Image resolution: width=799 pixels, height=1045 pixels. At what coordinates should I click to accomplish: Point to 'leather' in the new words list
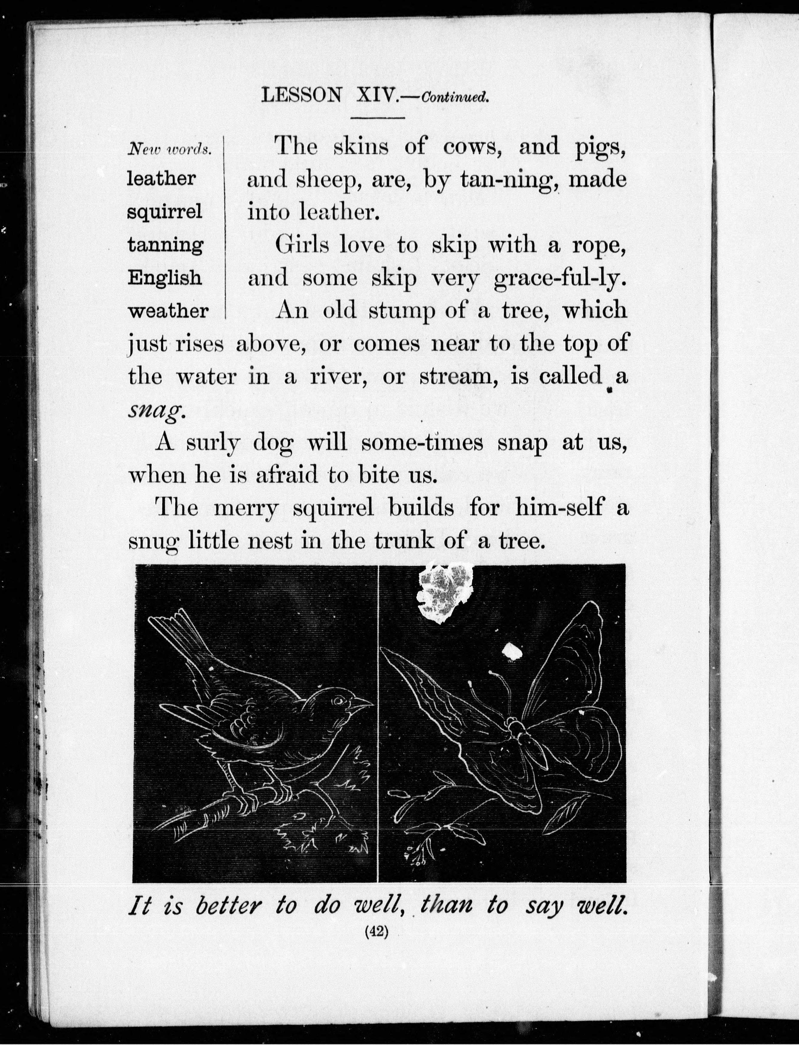point(161,179)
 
